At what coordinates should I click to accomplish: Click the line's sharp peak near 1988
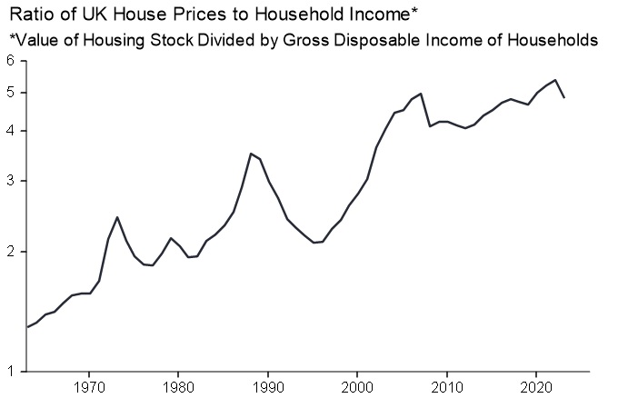[x=251, y=154]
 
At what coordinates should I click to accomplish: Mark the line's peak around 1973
[x=117, y=217]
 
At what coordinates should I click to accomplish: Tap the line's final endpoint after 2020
[x=564, y=97]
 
